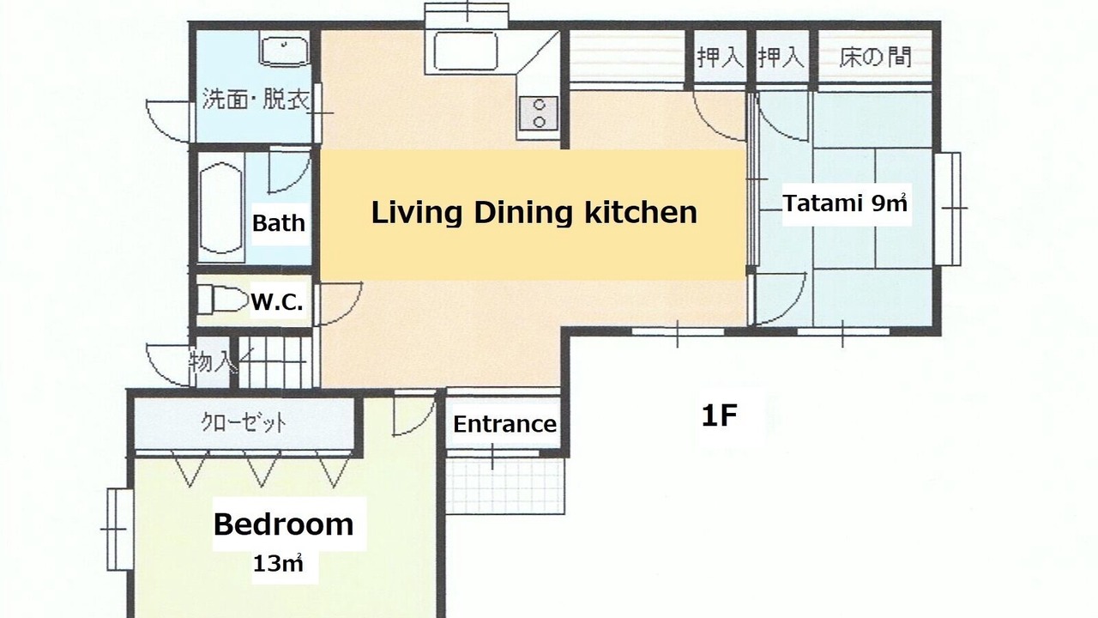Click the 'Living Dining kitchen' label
[x=534, y=213]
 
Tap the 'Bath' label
[x=279, y=223]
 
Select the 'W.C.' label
[x=277, y=302]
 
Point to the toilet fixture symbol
[x=222, y=300]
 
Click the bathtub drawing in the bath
[x=221, y=209]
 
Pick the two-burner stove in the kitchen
[x=540, y=113]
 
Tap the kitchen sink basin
[x=465, y=52]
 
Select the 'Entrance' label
[x=505, y=425]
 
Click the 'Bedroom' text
[x=283, y=524]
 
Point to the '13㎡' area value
[x=277, y=564]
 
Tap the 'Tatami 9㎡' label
[x=845, y=203]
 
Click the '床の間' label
[x=875, y=58]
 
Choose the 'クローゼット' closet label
[x=244, y=423]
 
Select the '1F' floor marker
[x=720, y=416]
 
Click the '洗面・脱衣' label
[x=256, y=100]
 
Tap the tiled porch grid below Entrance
[x=505, y=486]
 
